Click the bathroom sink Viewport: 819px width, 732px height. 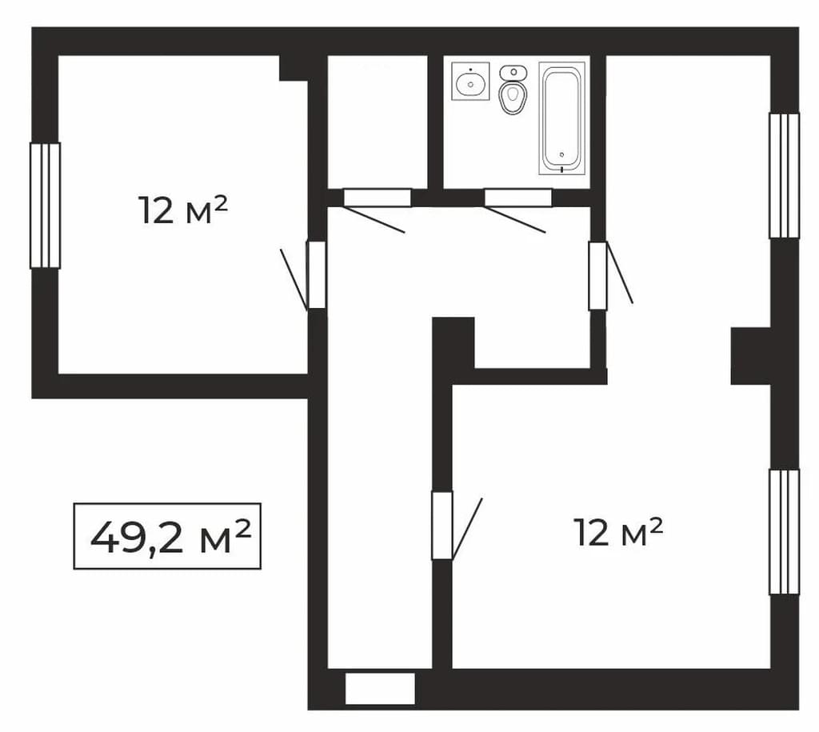(x=470, y=81)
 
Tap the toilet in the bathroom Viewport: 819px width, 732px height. (x=513, y=89)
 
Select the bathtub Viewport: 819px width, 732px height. (x=562, y=118)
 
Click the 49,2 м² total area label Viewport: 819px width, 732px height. (x=167, y=536)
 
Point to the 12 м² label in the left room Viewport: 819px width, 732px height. (x=183, y=210)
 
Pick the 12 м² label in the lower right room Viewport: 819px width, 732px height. (x=618, y=532)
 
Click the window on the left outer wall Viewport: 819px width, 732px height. (x=45, y=206)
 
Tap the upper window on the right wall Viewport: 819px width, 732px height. (x=784, y=175)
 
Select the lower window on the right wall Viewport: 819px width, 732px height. (x=784, y=532)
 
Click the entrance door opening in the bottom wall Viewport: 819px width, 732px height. (x=380, y=689)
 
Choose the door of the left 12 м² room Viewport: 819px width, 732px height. (x=317, y=275)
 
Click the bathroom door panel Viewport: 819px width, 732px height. (x=518, y=198)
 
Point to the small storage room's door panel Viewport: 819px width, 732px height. (x=378, y=198)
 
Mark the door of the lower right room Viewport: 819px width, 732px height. (x=441, y=526)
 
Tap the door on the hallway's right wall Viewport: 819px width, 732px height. (x=598, y=276)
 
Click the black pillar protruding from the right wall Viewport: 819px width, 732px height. (x=750, y=356)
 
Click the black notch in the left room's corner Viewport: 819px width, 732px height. (x=294, y=68)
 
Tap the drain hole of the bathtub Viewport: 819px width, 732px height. (x=562, y=154)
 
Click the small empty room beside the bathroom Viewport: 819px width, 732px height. (x=378, y=122)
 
